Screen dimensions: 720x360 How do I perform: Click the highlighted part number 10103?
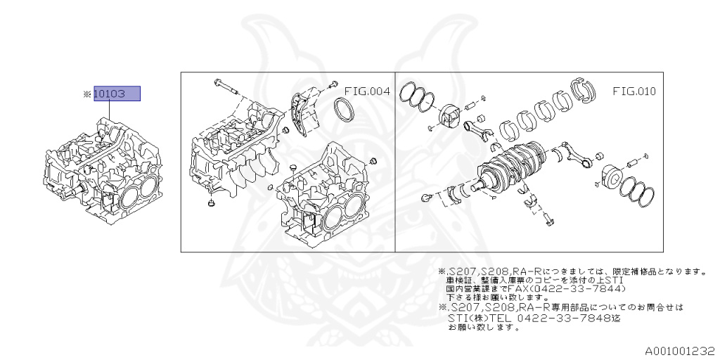point(117,94)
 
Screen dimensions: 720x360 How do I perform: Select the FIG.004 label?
point(367,91)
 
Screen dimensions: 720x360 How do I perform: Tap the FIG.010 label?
point(634,91)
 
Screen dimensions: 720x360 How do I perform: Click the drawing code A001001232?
point(680,352)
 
